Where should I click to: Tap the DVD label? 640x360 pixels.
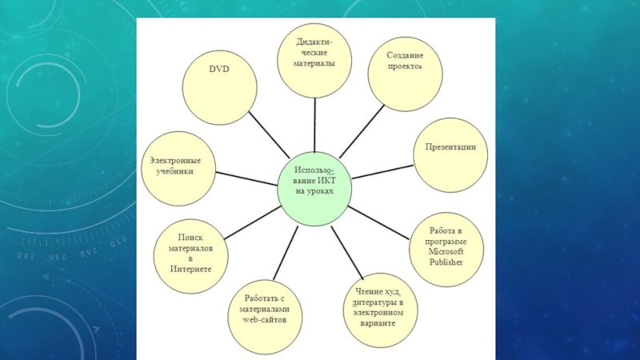219,70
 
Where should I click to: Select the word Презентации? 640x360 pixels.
450,147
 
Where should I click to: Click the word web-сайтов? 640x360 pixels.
264,319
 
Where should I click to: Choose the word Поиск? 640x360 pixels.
190,238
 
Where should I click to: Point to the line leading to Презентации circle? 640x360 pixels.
382,170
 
